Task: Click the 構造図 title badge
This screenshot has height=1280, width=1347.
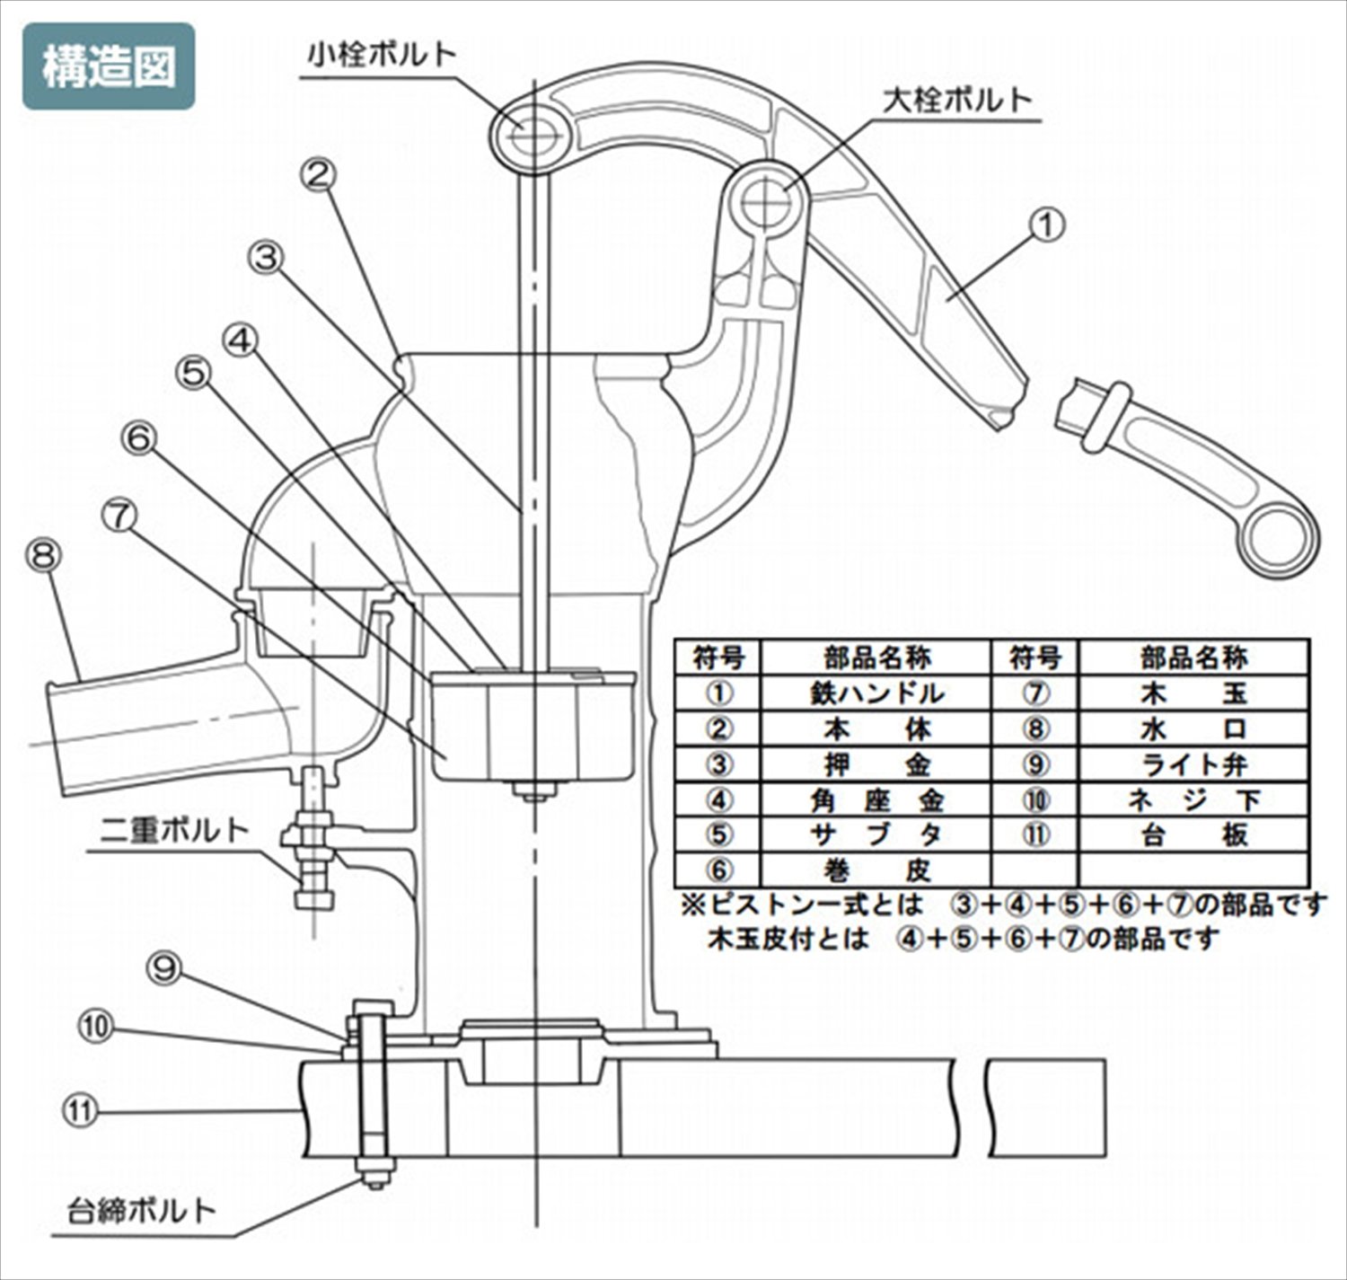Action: (x=109, y=66)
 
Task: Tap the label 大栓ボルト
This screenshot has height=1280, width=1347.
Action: (x=957, y=99)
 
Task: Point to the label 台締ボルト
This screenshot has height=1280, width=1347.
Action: (x=142, y=1210)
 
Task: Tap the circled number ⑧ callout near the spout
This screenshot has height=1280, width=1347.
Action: (x=43, y=556)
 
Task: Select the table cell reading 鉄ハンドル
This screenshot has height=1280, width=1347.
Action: (x=876, y=693)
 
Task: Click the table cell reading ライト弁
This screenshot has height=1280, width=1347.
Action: (x=1194, y=764)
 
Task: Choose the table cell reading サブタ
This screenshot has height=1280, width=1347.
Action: (x=876, y=835)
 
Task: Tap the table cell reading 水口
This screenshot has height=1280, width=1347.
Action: (x=1194, y=728)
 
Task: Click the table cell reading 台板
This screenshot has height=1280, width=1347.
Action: (x=1194, y=835)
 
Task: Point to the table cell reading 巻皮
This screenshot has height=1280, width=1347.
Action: (x=876, y=870)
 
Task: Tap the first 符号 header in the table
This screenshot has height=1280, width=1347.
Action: (x=718, y=658)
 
